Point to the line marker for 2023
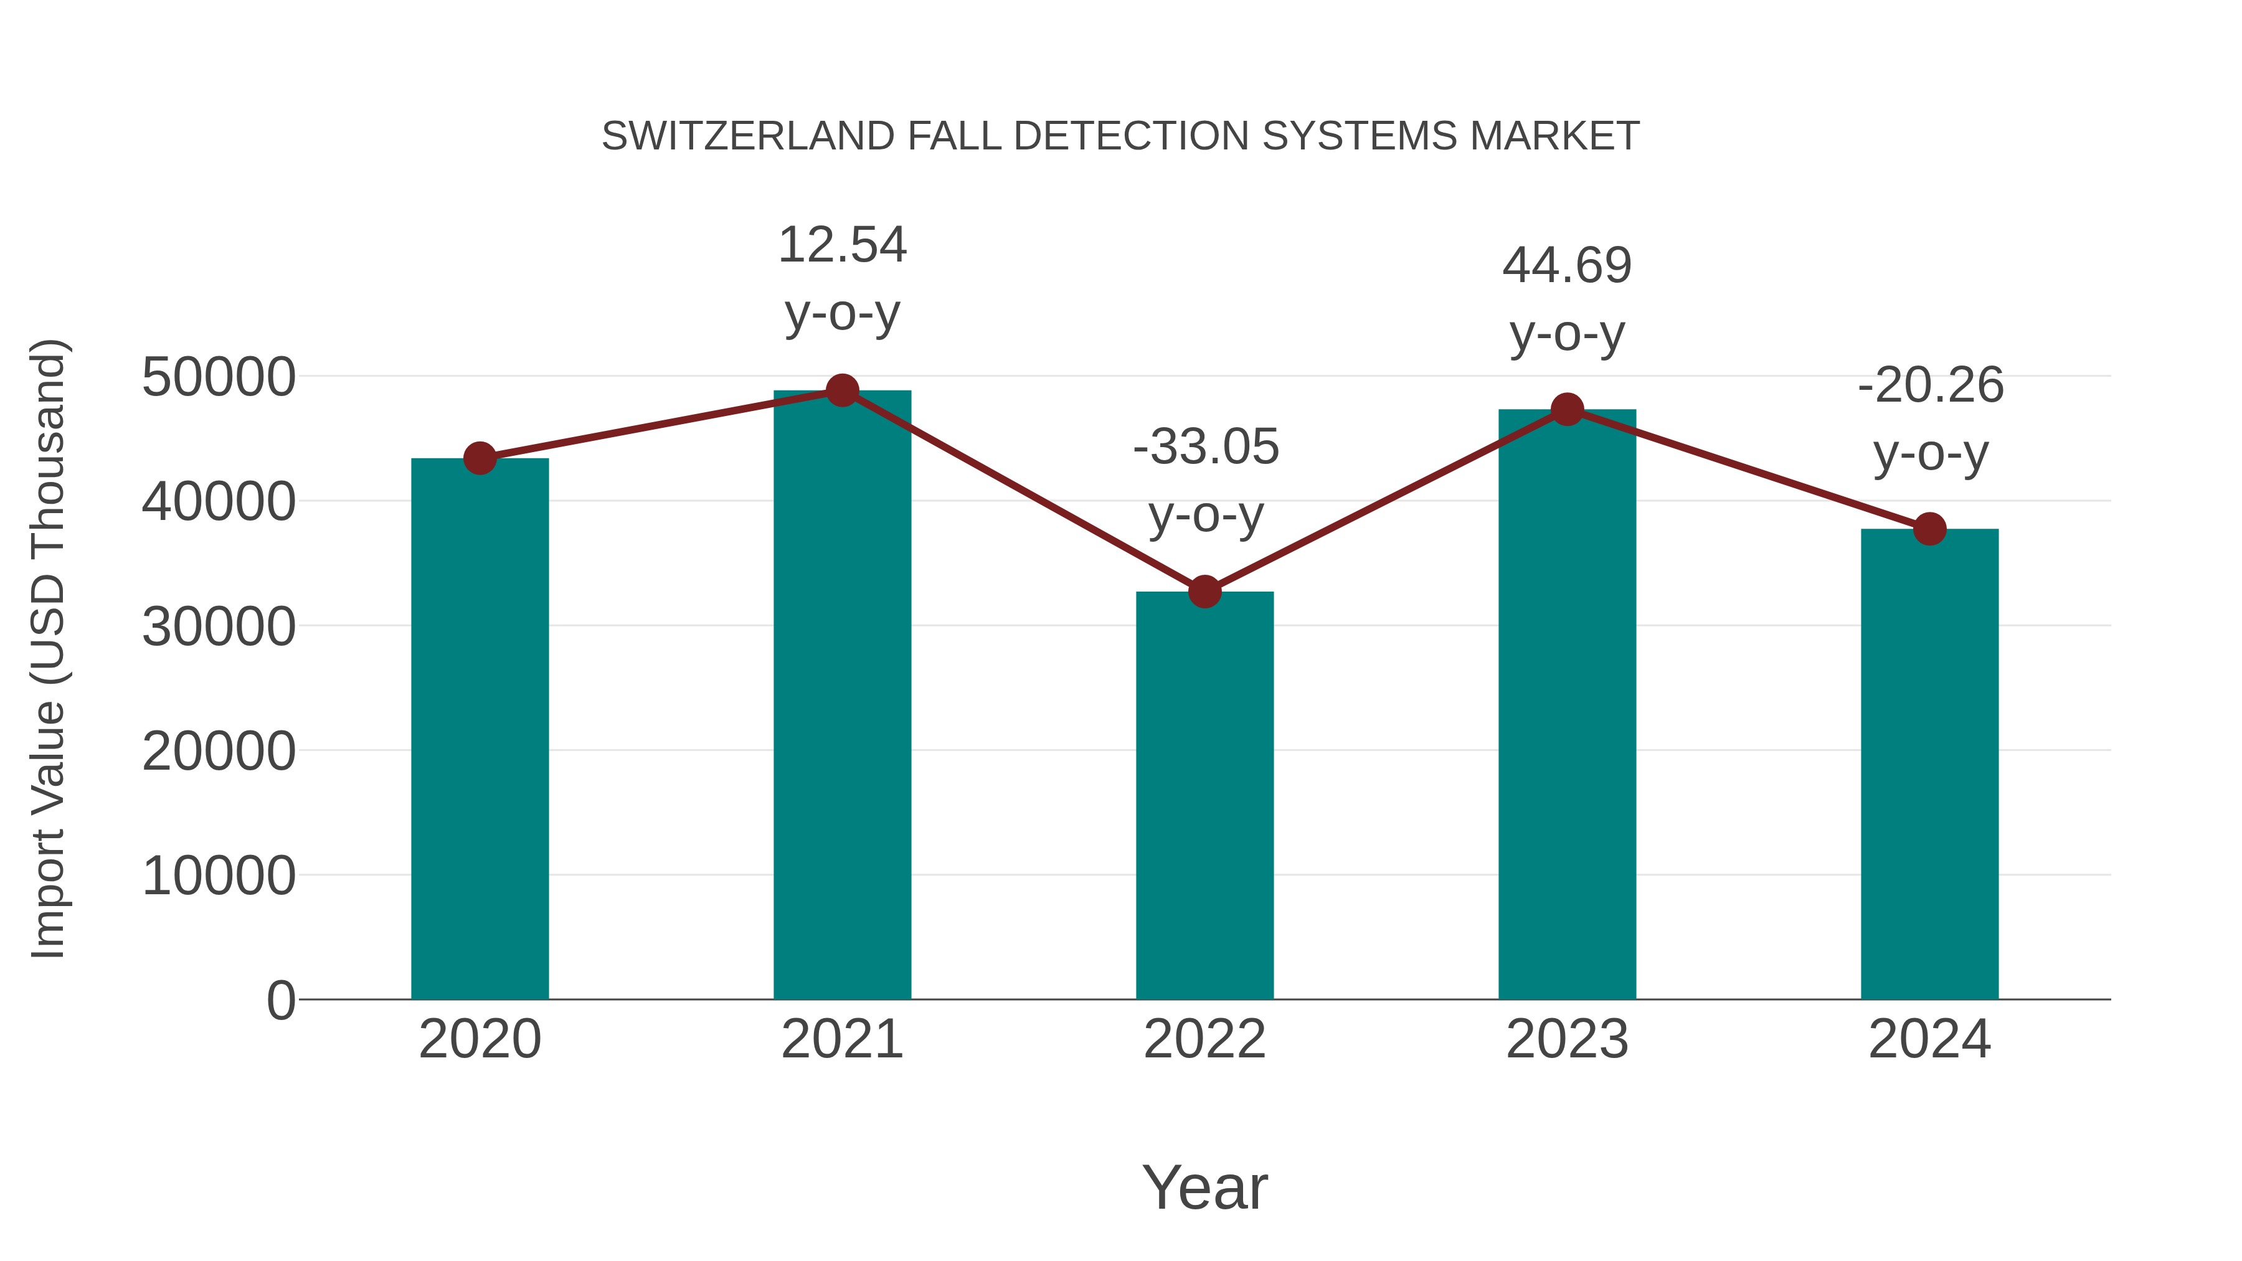[1568, 409]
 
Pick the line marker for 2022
[1204, 592]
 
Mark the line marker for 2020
[480, 458]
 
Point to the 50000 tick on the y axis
[219, 378]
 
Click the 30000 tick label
[219, 626]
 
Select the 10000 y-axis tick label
[219, 876]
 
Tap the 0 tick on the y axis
[281, 1000]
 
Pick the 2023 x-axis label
[1568, 1039]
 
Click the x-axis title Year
[1204, 1187]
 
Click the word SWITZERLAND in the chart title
[747, 136]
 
